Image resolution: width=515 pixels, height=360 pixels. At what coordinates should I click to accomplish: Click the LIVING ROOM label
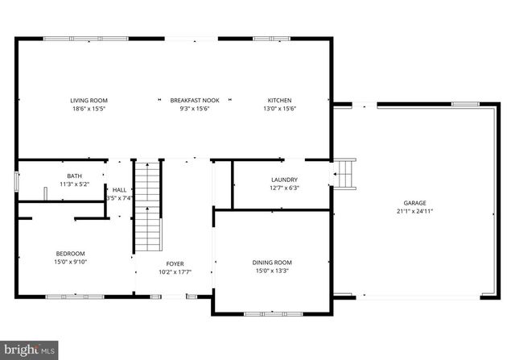coord(89,101)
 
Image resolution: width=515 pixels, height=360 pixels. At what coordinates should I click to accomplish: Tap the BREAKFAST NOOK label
coord(189,101)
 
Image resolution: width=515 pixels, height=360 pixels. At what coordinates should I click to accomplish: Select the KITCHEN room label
coord(280,101)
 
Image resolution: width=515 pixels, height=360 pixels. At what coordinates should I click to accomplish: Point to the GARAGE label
coord(415,203)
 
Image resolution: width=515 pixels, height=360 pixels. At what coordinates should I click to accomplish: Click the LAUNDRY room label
coord(284,180)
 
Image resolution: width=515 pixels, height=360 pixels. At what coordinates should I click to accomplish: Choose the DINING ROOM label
coord(273,263)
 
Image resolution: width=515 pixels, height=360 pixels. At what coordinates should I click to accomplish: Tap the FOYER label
coord(175,264)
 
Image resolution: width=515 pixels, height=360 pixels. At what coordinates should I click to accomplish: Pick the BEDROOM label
coord(70,253)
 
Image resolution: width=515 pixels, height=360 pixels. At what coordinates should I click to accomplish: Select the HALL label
coord(119,189)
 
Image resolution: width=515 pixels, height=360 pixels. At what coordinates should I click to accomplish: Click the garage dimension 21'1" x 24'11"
coord(415,211)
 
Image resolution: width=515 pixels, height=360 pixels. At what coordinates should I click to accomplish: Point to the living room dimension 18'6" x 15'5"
coord(89,109)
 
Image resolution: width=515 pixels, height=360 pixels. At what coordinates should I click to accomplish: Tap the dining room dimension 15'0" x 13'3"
coord(273,271)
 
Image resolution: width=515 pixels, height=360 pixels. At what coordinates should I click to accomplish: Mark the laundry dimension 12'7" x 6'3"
coord(284,188)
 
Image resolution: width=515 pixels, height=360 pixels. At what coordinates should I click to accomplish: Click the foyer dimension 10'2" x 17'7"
coord(175,272)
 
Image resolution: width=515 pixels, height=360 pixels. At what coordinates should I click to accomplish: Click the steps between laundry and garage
coord(345,173)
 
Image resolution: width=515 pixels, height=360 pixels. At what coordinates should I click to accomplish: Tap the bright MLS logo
coord(30,350)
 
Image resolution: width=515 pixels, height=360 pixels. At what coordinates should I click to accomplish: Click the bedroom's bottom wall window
coord(75,297)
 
